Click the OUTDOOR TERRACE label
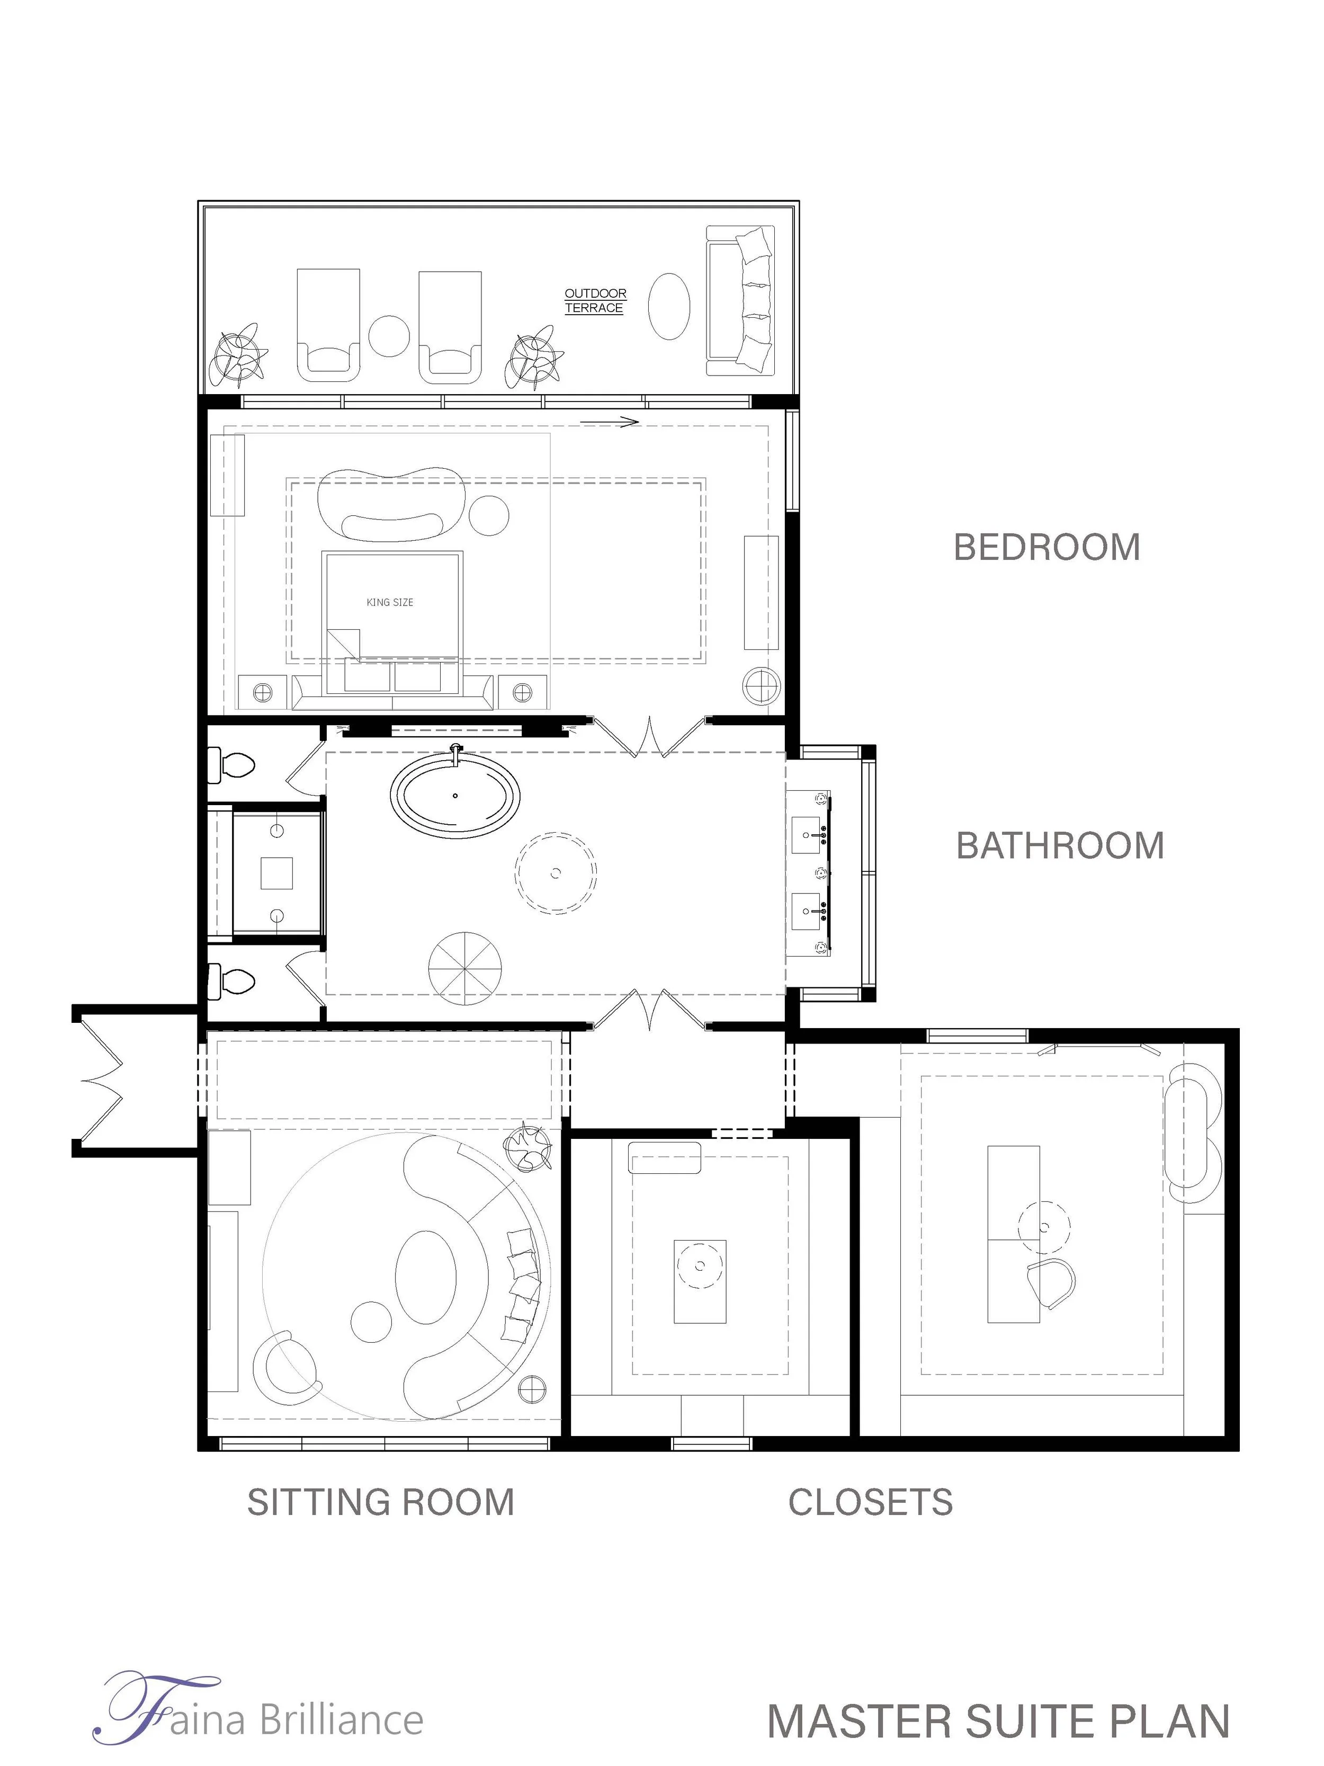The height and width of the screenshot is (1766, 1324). tap(595, 300)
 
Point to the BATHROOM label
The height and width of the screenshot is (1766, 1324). tap(1060, 845)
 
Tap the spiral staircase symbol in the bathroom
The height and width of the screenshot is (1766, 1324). tap(464, 968)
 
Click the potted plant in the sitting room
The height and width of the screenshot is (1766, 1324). tap(527, 1148)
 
